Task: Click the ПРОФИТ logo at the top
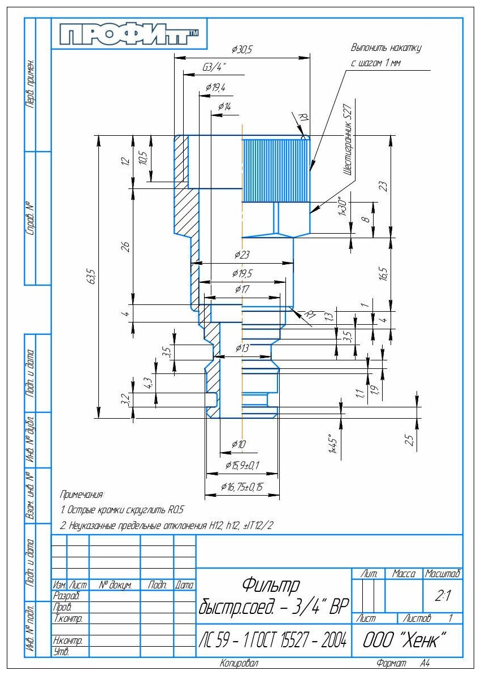(130, 35)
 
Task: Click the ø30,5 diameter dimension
(242, 50)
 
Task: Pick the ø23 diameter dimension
(241, 255)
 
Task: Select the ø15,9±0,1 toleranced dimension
(242, 466)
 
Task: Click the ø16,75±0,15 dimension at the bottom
(242, 487)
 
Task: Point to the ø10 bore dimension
(239, 445)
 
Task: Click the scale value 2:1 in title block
(443, 596)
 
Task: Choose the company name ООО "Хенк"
(404, 640)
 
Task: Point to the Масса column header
(404, 574)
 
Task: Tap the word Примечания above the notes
(82, 495)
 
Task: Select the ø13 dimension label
(242, 347)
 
